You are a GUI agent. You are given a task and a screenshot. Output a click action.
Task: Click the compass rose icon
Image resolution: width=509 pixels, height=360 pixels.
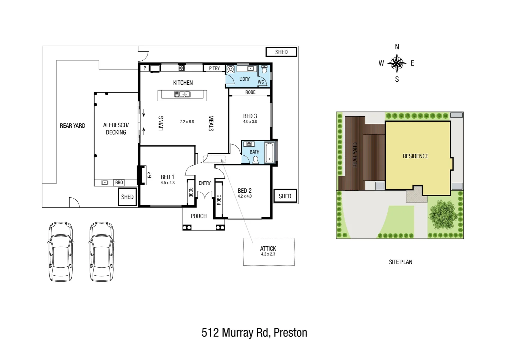pyautogui.click(x=397, y=63)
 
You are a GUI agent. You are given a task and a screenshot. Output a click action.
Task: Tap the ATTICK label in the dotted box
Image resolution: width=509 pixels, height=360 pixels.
pyautogui.click(x=268, y=249)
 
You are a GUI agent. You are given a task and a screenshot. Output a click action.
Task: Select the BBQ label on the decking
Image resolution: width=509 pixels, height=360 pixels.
pyautogui.click(x=119, y=183)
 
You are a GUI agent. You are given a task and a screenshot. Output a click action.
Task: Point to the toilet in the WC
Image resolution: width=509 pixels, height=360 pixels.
pyautogui.click(x=264, y=70)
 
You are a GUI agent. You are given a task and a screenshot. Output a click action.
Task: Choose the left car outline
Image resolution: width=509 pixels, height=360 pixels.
pyautogui.click(x=60, y=252)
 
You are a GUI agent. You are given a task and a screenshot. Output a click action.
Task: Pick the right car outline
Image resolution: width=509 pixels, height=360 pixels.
pyautogui.click(x=102, y=252)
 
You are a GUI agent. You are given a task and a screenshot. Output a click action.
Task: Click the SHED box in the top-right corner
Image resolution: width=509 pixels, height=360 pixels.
pyautogui.click(x=281, y=52)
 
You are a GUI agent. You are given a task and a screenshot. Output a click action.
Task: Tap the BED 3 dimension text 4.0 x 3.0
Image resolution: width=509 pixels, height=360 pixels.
pyautogui.click(x=250, y=122)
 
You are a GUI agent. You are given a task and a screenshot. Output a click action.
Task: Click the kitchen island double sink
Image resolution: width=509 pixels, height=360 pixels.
pyautogui.click(x=182, y=95)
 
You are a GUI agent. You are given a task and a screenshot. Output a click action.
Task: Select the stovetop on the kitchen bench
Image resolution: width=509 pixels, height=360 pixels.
pyautogui.click(x=182, y=68)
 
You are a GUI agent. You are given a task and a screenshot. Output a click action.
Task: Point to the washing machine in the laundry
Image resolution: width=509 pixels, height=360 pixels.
pyautogui.click(x=231, y=69)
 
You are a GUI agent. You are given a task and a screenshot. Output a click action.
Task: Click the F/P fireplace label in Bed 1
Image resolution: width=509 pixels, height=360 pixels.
pyautogui.click(x=149, y=175)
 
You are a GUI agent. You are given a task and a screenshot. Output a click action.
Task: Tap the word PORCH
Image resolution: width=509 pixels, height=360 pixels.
pyautogui.click(x=199, y=216)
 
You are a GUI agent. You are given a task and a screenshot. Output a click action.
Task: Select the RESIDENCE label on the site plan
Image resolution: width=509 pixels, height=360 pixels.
pyautogui.click(x=415, y=156)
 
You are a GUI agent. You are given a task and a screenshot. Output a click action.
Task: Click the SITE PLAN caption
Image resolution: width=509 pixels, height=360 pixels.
pyautogui.click(x=400, y=262)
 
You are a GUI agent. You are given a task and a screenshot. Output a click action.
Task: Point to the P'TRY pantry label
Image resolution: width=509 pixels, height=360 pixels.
pyautogui.click(x=214, y=68)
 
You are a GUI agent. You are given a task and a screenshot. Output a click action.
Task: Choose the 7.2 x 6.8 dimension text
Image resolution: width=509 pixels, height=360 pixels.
pyautogui.click(x=187, y=122)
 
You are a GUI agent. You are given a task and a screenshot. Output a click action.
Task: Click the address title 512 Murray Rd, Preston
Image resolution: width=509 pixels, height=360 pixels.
pyautogui.click(x=254, y=333)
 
